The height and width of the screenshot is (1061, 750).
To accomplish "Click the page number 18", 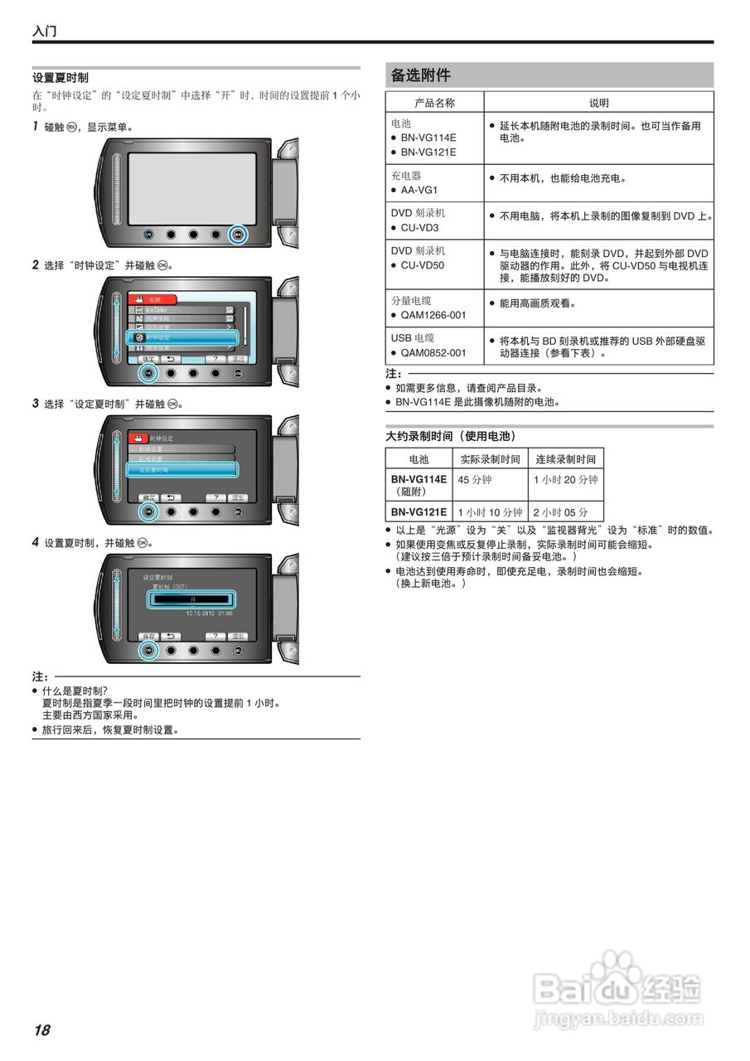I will tap(41, 1030).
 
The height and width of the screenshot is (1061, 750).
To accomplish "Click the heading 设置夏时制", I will tap(60, 77).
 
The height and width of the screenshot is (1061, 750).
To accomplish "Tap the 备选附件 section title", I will tap(421, 75).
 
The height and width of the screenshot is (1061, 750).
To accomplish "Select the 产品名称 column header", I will tap(434, 103).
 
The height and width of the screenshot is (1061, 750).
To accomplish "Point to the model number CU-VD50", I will tap(423, 265).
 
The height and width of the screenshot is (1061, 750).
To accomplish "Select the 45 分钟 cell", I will tap(475, 479).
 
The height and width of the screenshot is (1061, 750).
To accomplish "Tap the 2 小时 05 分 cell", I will tap(561, 512).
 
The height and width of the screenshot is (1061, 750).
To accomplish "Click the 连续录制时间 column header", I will tap(565, 458).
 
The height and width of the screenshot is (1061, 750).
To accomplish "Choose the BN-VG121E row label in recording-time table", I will tap(419, 512).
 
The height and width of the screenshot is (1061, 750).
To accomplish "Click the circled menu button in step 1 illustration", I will tap(238, 235).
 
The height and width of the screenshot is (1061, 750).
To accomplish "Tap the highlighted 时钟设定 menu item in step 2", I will tap(182, 338).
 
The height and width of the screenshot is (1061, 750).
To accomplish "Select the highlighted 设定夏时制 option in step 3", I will tap(182, 470).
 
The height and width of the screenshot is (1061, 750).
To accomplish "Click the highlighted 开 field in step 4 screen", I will tap(192, 600).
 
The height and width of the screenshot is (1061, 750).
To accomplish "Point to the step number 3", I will tap(36, 404).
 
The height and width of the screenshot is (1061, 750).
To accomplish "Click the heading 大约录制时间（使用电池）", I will tap(451, 435).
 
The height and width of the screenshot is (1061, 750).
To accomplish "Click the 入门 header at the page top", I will tap(44, 31).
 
